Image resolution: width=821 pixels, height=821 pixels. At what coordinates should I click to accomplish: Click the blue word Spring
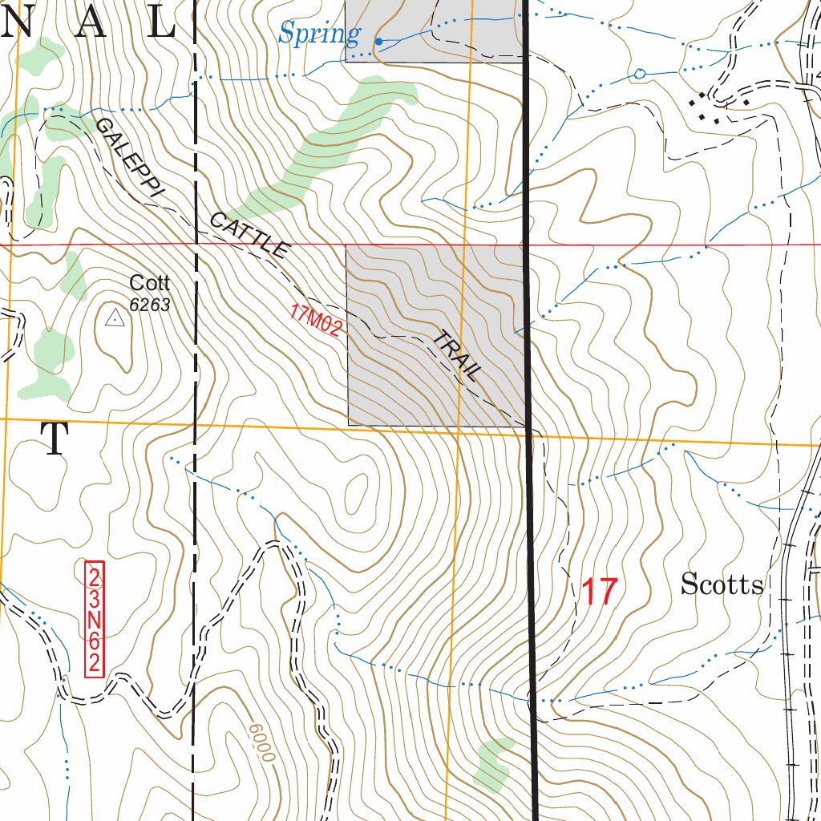click(318, 34)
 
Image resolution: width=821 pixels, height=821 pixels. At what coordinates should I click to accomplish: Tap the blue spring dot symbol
click(378, 40)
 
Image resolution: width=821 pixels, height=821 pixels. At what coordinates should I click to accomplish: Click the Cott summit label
click(150, 283)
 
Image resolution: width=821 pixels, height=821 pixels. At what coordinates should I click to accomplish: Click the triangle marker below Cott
click(115, 319)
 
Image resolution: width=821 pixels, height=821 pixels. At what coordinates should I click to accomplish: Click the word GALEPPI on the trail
click(129, 159)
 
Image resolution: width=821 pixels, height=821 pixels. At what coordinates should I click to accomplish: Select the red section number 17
click(599, 592)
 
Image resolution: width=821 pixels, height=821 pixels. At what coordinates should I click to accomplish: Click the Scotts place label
click(722, 585)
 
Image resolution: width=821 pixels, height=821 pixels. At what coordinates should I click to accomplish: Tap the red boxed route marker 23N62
click(95, 620)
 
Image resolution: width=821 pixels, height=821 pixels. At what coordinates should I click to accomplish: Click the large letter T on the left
click(55, 439)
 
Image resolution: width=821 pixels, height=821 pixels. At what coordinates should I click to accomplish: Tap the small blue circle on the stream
click(639, 74)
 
